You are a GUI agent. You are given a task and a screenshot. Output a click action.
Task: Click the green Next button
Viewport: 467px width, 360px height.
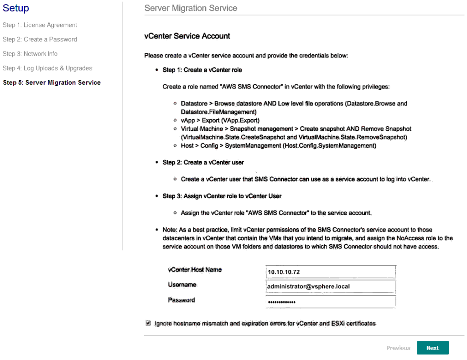(432, 348)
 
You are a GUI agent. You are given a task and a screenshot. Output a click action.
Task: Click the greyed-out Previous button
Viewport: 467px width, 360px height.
(398, 348)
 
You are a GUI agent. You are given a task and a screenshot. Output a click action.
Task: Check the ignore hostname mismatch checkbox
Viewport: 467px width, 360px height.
(148, 323)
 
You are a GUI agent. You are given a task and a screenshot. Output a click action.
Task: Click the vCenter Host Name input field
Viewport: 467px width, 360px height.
(330, 272)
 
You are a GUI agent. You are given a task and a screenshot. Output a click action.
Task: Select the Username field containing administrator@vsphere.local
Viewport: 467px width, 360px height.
(330, 287)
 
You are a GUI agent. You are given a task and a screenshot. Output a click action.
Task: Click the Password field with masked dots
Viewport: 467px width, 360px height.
(330, 302)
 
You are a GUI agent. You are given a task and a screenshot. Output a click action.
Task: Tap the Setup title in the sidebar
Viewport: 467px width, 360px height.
(16, 8)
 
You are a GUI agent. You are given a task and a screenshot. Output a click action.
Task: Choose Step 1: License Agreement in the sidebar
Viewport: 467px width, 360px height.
(40, 25)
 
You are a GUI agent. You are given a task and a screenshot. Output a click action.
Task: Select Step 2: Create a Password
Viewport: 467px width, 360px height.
(40, 39)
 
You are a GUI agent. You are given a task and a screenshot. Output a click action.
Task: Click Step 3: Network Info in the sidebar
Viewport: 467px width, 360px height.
(30, 54)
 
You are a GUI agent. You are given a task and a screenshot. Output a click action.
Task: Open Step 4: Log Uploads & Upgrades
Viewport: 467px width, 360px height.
(47, 68)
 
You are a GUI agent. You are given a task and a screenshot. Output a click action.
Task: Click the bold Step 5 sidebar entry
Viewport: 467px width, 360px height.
(52, 82)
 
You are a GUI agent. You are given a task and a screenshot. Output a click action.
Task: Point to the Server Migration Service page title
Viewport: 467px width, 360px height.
(191, 8)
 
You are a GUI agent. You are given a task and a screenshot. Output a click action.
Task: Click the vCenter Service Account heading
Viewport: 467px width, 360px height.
(187, 36)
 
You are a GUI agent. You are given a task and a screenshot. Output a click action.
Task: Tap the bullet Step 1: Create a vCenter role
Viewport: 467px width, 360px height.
(202, 70)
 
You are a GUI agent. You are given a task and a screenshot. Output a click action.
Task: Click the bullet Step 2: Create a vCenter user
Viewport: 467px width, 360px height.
(203, 162)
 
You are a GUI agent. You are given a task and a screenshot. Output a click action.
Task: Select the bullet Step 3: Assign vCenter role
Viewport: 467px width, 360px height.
(222, 196)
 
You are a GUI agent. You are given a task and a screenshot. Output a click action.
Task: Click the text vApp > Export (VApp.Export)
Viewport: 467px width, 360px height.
(220, 121)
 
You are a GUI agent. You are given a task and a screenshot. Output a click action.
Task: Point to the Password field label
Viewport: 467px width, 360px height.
(181, 300)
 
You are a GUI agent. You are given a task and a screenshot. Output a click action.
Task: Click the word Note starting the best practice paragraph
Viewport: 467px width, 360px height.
(170, 230)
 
